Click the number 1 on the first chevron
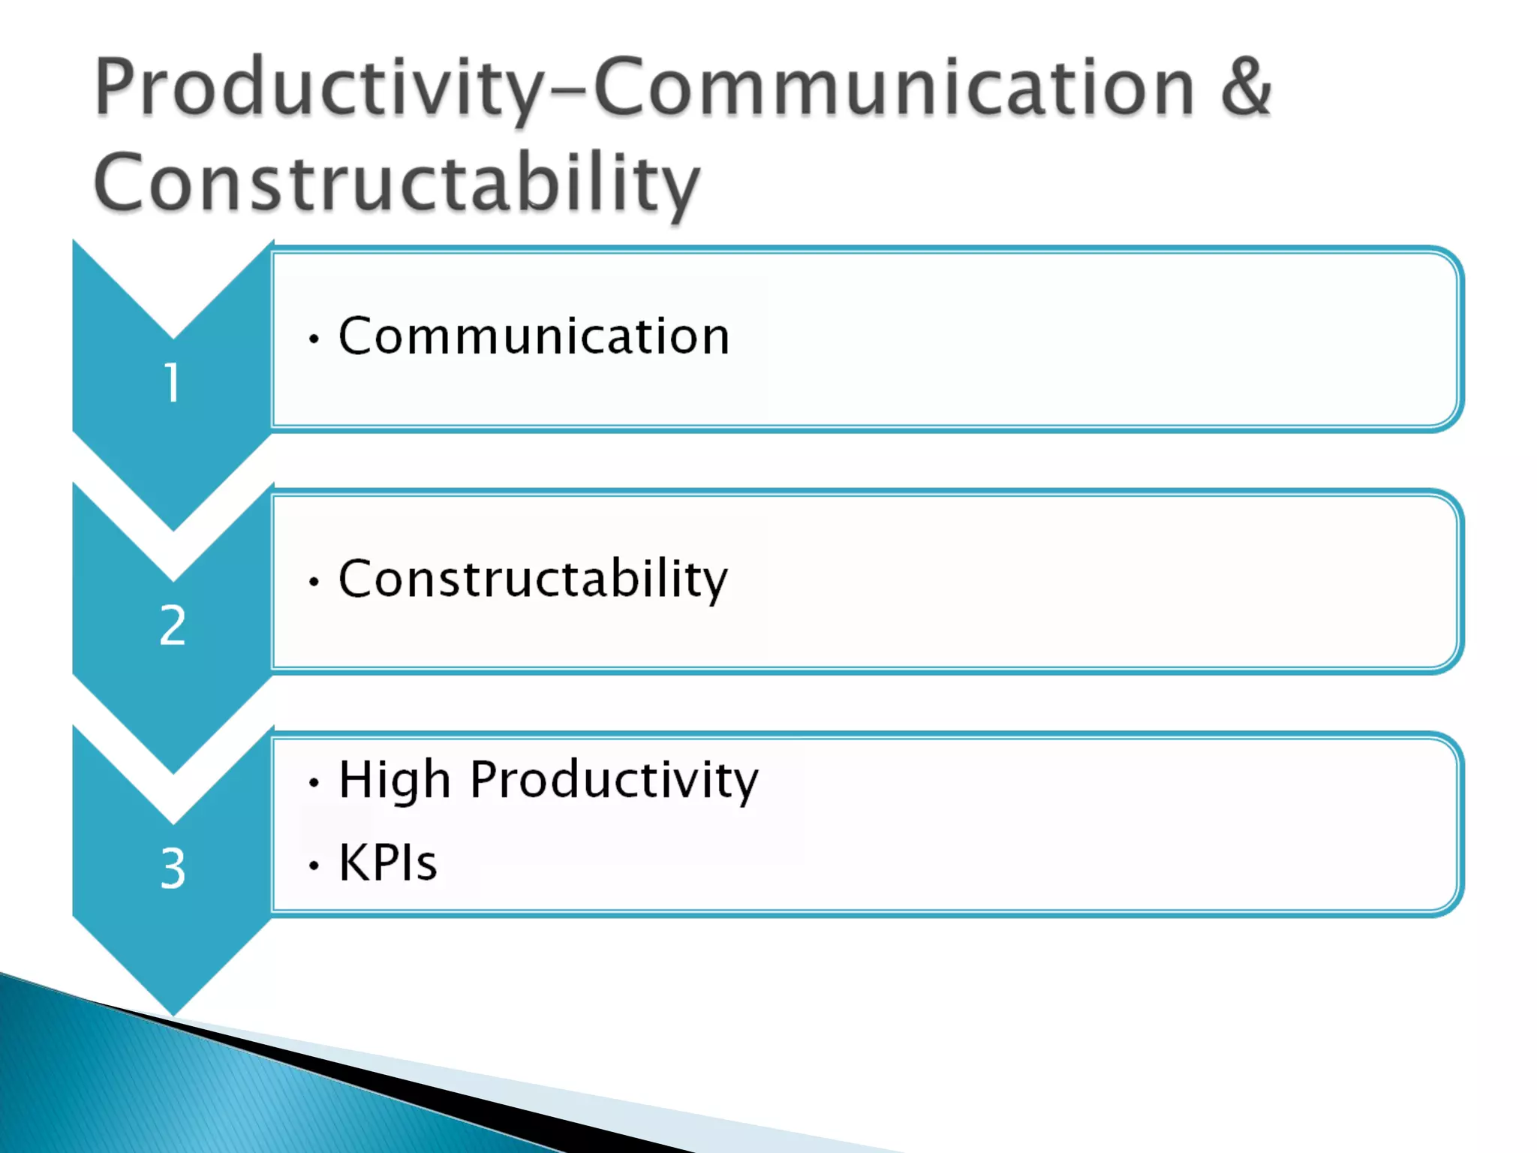[173, 382]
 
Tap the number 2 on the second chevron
[173, 625]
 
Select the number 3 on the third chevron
[173, 868]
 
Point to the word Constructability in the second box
[533, 580]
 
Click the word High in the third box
[395, 781]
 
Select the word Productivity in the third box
[614, 781]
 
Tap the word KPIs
[388, 862]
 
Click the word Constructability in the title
[396, 182]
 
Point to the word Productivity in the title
[320, 90]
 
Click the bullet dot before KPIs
[314, 866]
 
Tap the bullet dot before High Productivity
[314, 783]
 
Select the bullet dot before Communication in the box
[314, 339]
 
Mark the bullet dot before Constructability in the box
[314, 581]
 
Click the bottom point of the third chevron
[173, 1016]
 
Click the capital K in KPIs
[354, 862]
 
